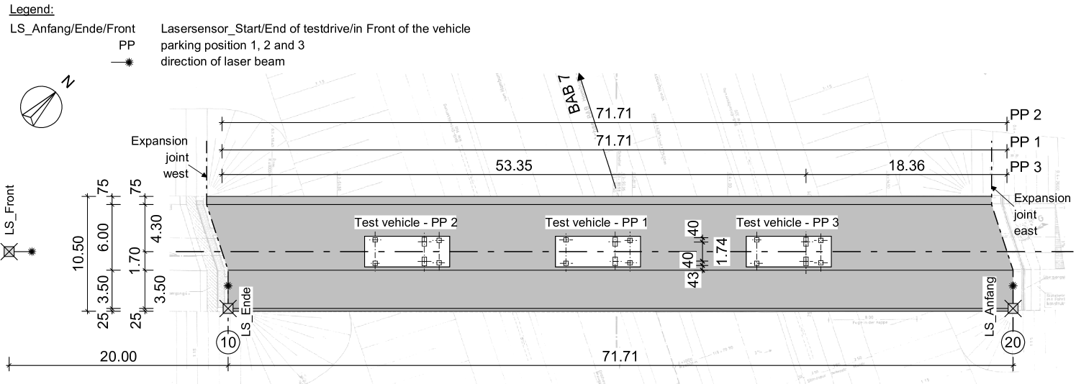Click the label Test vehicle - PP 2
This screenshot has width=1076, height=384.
click(x=406, y=223)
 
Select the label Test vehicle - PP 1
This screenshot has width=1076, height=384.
click(x=596, y=223)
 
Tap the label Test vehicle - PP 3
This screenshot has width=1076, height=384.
click(x=787, y=223)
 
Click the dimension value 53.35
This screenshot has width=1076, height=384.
click(x=514, y=166)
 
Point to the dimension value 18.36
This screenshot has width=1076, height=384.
click(x=907, y=166)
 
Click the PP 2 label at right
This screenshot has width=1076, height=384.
click(x=1026, y=115)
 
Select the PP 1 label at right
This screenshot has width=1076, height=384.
click(x=1026, y=142)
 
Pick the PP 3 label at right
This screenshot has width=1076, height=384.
click(x=1026, y=168)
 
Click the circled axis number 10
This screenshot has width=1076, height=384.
click(x=227, y=342)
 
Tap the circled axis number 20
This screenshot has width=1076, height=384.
click(x=1013, y=342)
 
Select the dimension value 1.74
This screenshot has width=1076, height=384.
click(x=722, y=252)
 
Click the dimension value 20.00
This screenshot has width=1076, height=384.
click(x=119, y=356)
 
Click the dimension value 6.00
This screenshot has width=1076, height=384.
click(x=104, y=236)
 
